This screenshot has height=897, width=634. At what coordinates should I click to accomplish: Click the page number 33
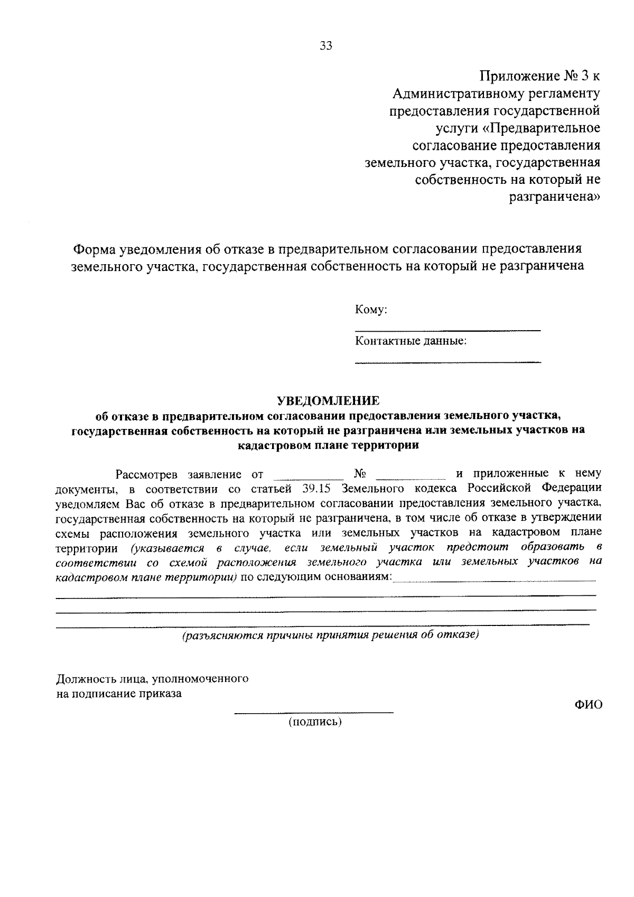[x=326, y=46]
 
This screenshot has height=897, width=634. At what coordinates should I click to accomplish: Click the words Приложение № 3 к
[x=539, y=76]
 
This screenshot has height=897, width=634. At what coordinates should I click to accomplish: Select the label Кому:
[x=371, y=310]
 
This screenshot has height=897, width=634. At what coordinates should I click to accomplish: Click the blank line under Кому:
[x=447, y=330]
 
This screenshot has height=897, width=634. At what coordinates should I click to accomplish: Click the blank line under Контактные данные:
[x=447, y=362]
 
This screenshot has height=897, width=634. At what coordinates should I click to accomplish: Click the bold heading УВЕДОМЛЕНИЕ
[x=329, y=400]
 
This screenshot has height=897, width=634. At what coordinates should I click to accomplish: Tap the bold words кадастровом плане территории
[x=328, y=445]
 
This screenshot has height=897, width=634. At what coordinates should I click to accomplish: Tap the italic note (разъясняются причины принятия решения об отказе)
[x=330, y=635]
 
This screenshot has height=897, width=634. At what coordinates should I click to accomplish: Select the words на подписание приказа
[x=119, y=694]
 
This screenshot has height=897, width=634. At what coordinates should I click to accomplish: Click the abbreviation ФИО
[x=588, y=705]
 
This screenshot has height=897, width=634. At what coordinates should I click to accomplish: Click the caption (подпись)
[x=315, y=722]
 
